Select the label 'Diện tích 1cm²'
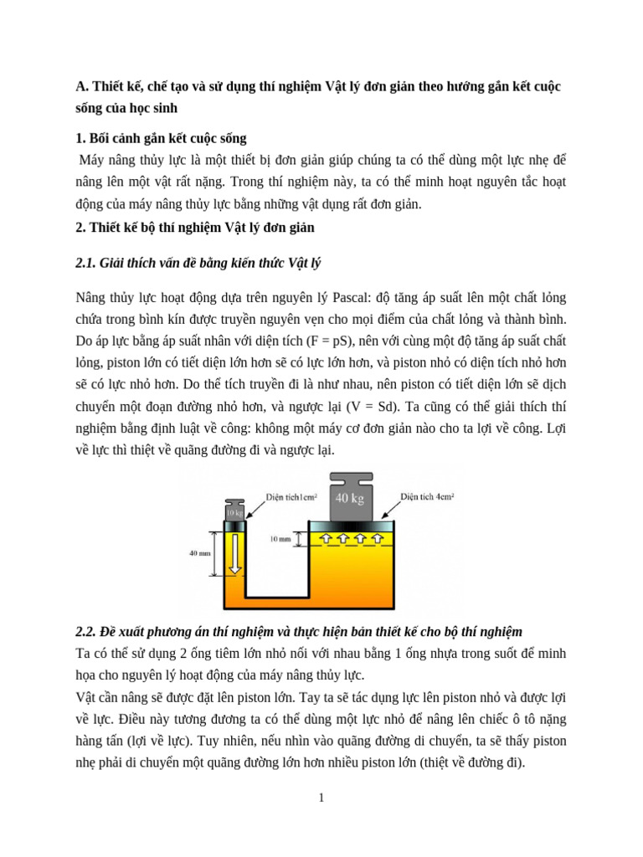point(294,496)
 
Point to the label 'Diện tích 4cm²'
point(427,495)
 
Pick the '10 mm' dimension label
point(280,540)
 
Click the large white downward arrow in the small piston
point(236,556)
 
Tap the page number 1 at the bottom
point(321,798)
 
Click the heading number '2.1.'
point(86,264)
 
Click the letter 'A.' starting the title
point(81,86)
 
